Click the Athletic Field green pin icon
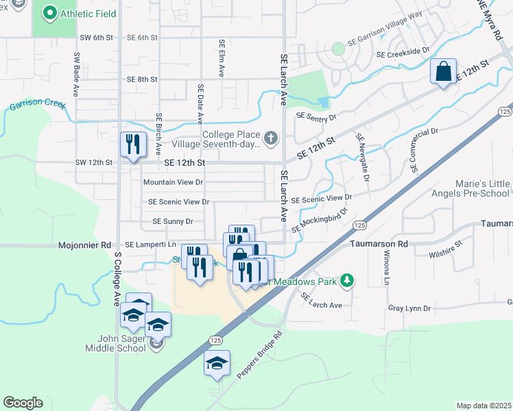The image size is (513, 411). point(49,13)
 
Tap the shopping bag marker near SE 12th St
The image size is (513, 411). point(443,71)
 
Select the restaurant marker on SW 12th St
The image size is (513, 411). point(133,145)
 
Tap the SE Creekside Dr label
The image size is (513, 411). point(403,51)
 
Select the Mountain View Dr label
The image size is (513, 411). point(173,182)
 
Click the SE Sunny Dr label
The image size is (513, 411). point(173,221)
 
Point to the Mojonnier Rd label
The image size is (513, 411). point(84,245)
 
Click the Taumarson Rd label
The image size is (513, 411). point(379,243)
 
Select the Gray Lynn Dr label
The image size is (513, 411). point(409,308)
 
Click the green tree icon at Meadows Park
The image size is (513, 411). point(348,279)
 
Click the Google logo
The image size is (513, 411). point(23,403)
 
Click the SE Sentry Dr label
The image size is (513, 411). point(316,117)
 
